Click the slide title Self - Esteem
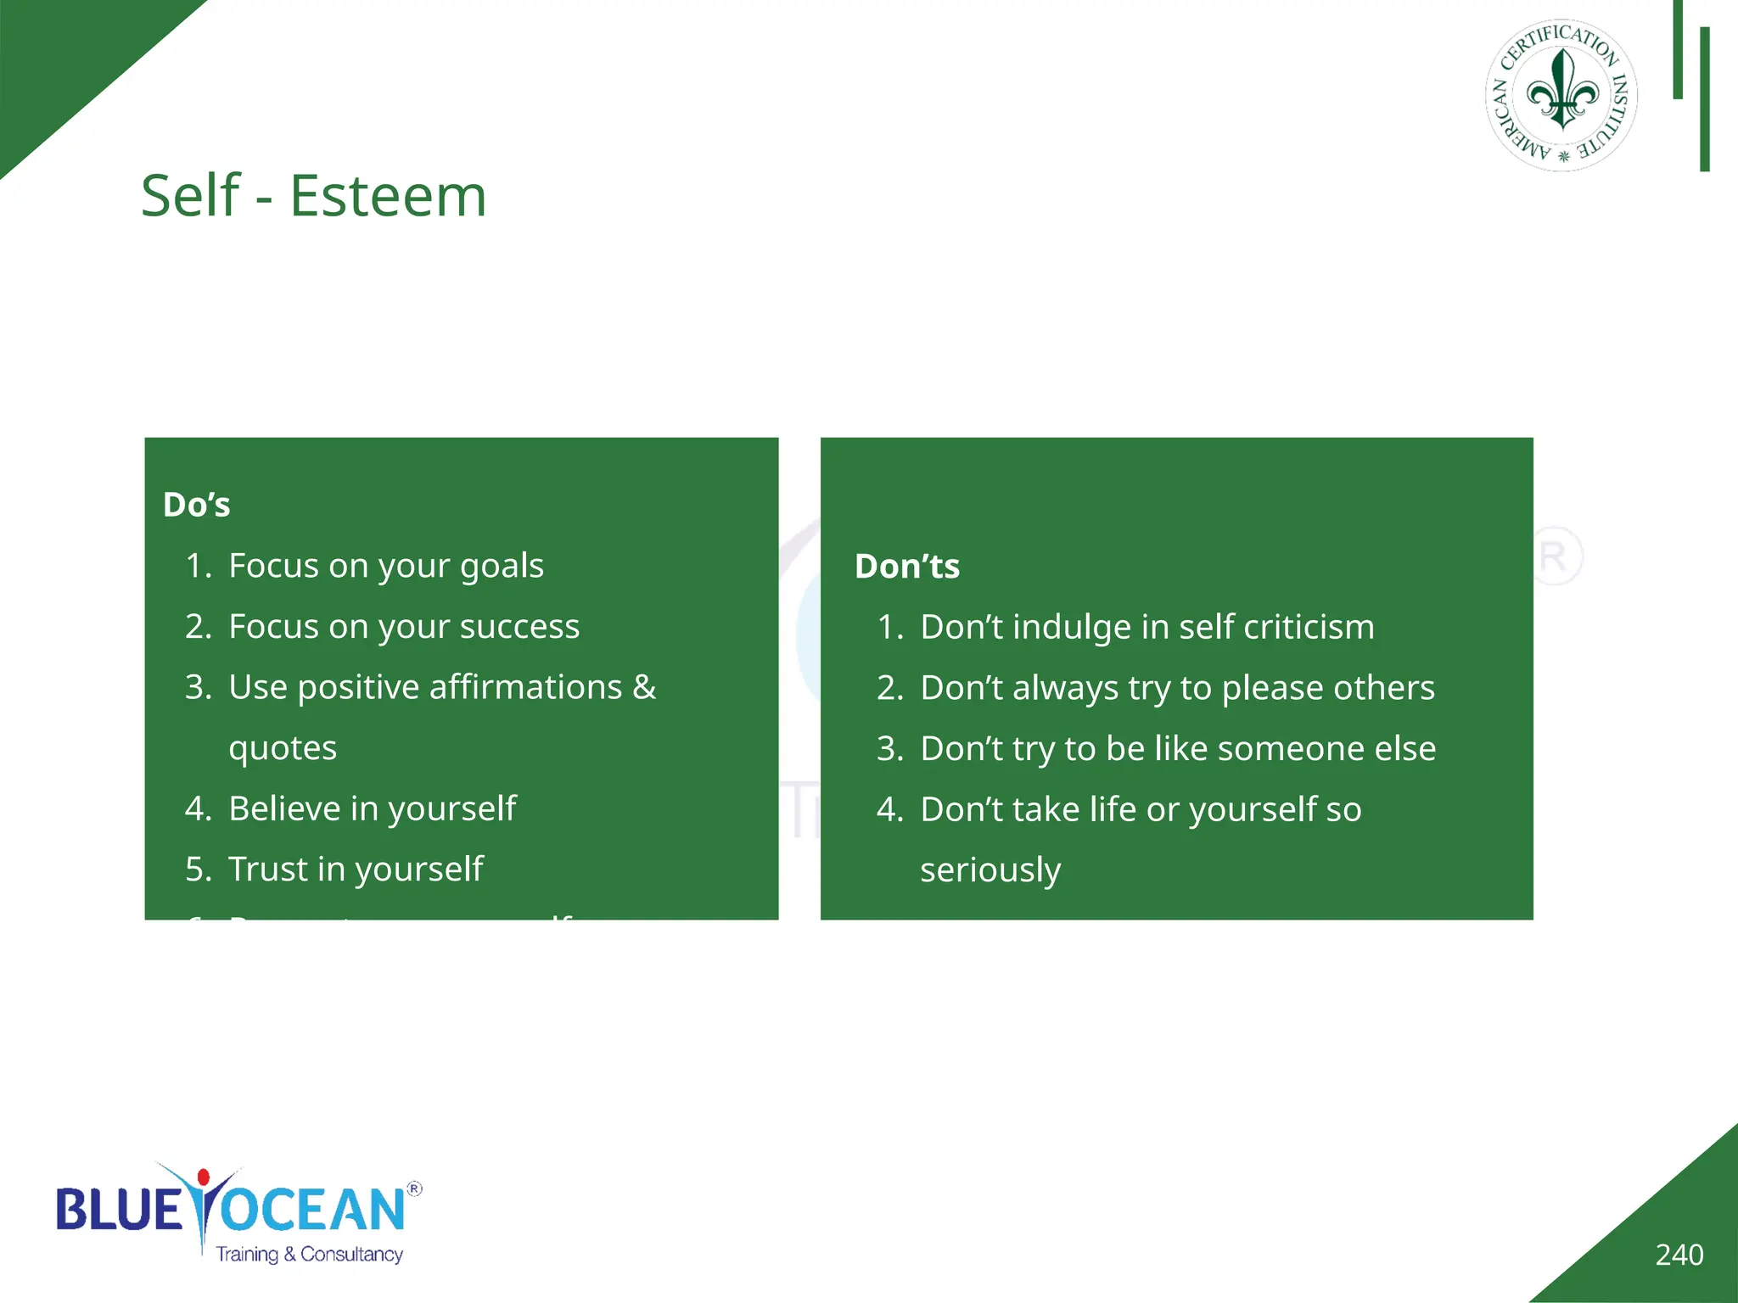coord(313,196)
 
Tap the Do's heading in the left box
coord(196,505)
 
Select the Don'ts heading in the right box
coord(906,566)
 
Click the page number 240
coord(1679,1255)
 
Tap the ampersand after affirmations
coord(644,687)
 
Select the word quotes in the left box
coord(283,748)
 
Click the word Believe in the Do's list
coord(284,808)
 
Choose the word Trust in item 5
coord(266,869)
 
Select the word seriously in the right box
coord(990,870)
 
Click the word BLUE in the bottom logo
coord(118,1210)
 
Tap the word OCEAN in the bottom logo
coord(312,1210)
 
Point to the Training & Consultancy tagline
coord(309,1254)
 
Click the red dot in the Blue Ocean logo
coord(203,1177)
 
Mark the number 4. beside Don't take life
coord(889,809)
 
